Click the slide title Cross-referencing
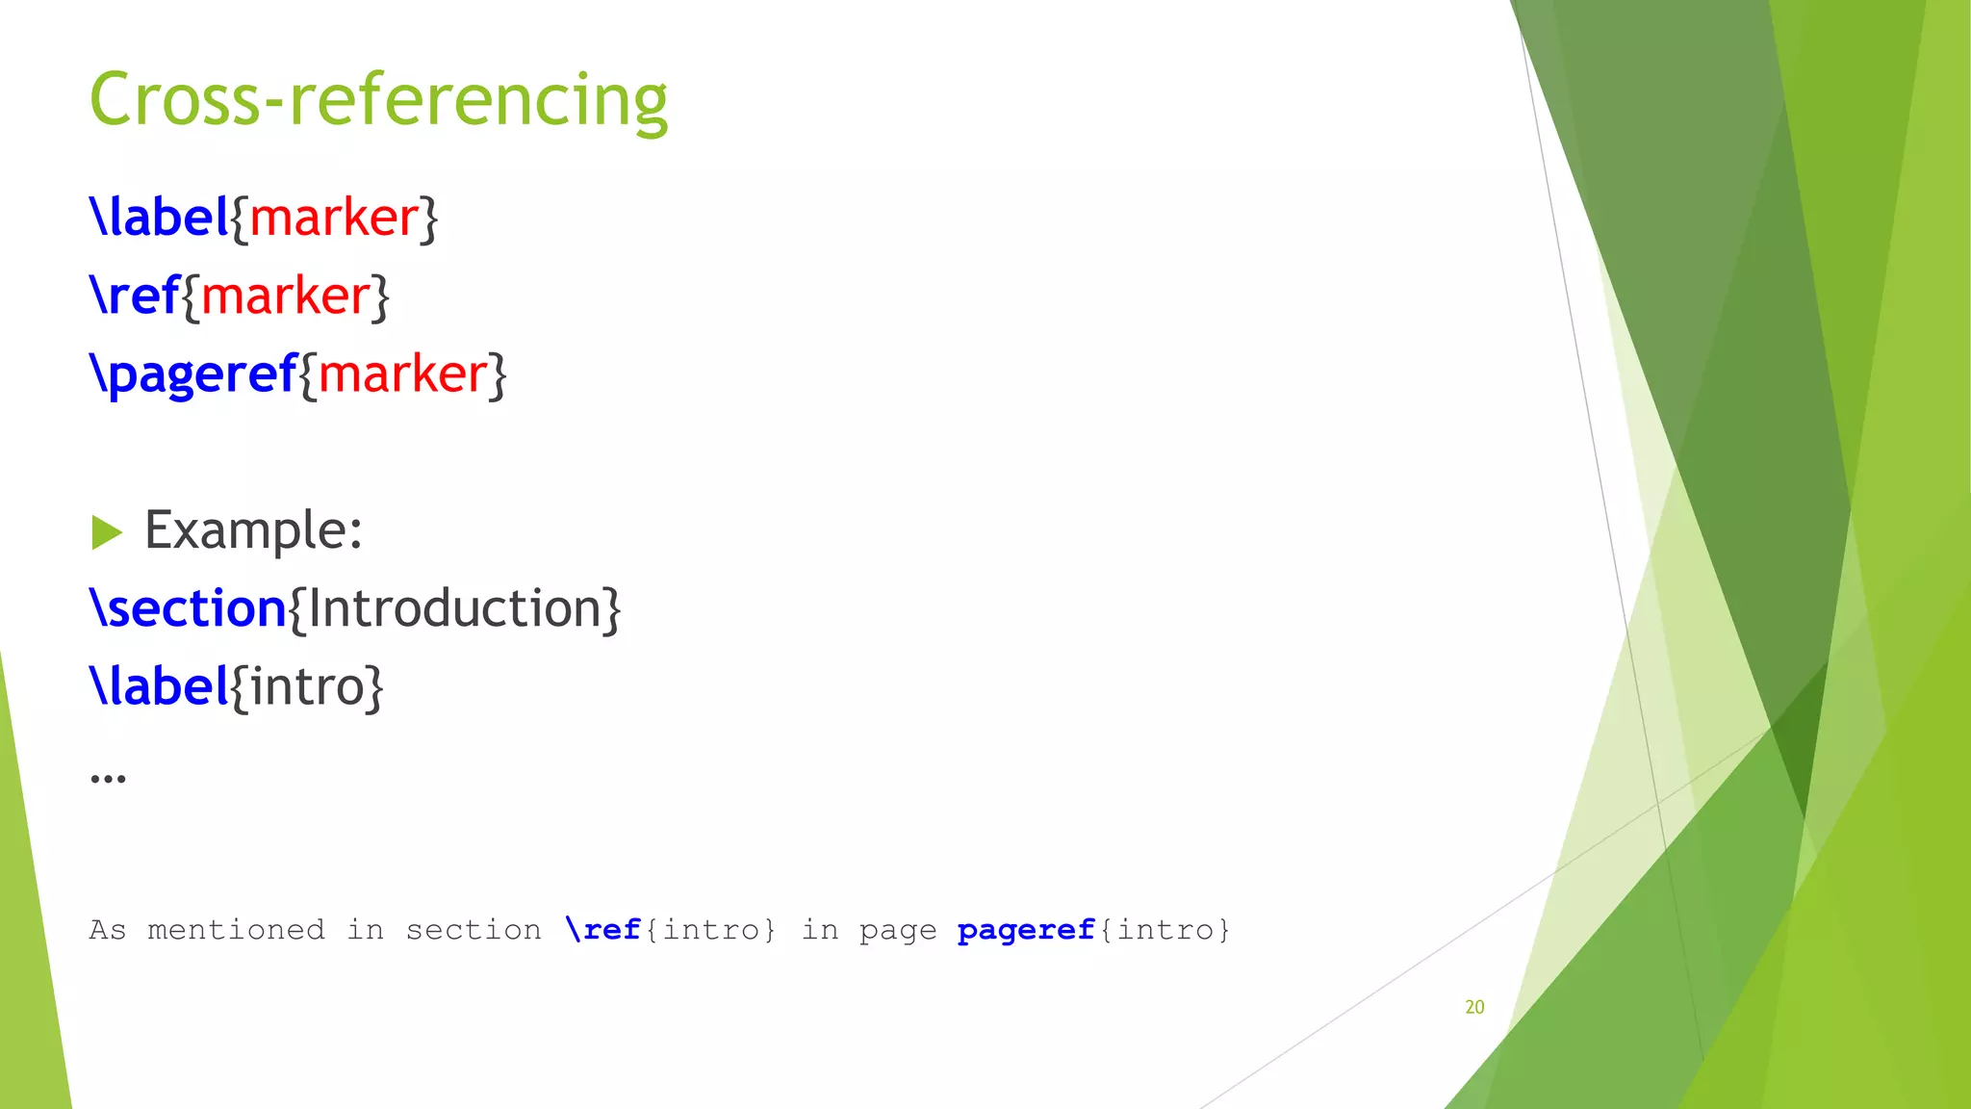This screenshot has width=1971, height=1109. (378, 100)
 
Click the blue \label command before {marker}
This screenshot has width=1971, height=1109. (159, 218)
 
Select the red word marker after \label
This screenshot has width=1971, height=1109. (334, 218)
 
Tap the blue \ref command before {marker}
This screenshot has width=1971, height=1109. (135, 296)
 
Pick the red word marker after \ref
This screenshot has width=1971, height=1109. (286, 296)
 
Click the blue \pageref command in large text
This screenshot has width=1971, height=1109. (192, 374)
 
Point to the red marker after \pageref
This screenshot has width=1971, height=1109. (402, 374)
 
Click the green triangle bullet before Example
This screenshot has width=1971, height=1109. (107, 531)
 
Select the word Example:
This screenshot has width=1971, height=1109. (253, 530)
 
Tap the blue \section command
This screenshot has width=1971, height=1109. (188, 608)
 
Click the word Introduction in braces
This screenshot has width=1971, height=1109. (454, 608)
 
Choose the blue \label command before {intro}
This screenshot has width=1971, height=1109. (159, 686)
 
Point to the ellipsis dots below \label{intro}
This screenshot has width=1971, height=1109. (108, 778)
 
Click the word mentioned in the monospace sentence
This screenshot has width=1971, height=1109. (236, 930)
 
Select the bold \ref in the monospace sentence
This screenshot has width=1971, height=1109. (603, 930)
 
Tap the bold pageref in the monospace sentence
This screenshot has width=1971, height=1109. (1026, 930)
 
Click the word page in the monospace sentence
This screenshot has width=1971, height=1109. (897, 931)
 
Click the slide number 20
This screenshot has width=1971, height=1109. (1474, 1007)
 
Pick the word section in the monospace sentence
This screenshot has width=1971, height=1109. (473, 930)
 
